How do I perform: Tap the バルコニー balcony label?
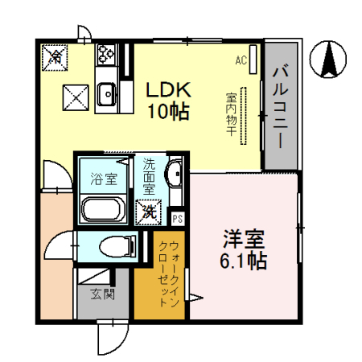coord(279,105)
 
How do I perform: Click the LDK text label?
coord(167,90)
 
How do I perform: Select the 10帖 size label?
coord(167,112)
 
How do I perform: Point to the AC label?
coord(241,60)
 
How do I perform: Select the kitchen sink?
coord(106,97)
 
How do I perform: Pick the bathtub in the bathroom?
coord(102,211)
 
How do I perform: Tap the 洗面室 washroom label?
coord(149,177)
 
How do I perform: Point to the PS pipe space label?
coord(177,217)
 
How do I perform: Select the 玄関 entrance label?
coord(102,294)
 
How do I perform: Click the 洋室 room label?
coord(243,240)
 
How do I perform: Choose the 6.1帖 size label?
coord(243,261)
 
